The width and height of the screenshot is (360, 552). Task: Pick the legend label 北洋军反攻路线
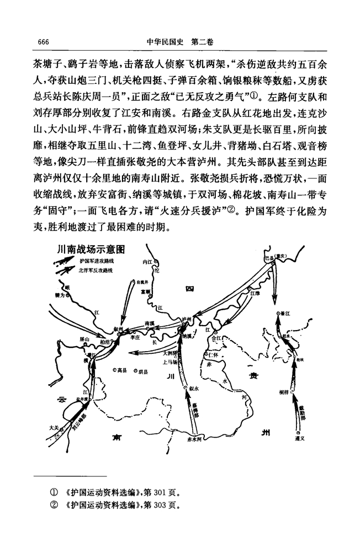coord(96,270)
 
